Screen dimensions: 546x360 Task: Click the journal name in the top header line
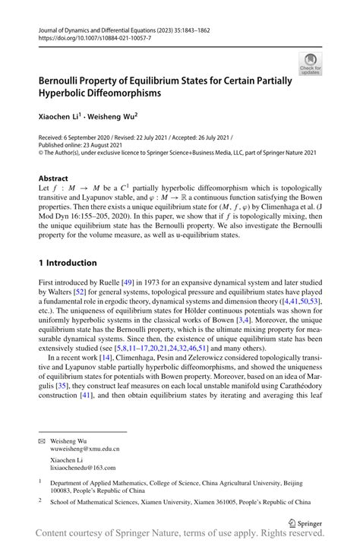coord(104,27)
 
